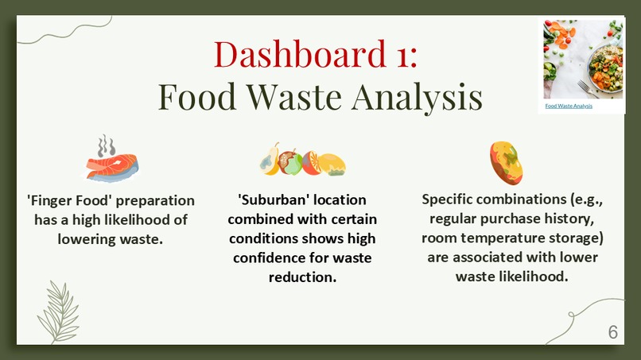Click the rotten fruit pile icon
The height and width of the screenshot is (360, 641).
click(302, 162)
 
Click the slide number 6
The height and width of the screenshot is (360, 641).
click(612, 332)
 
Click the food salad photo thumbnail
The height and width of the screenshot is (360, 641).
click(582, 60)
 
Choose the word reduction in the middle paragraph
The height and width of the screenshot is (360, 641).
click(302, 277)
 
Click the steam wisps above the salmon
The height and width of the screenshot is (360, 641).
click(106, 145)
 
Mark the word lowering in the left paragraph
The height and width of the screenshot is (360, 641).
click(91, 238)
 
